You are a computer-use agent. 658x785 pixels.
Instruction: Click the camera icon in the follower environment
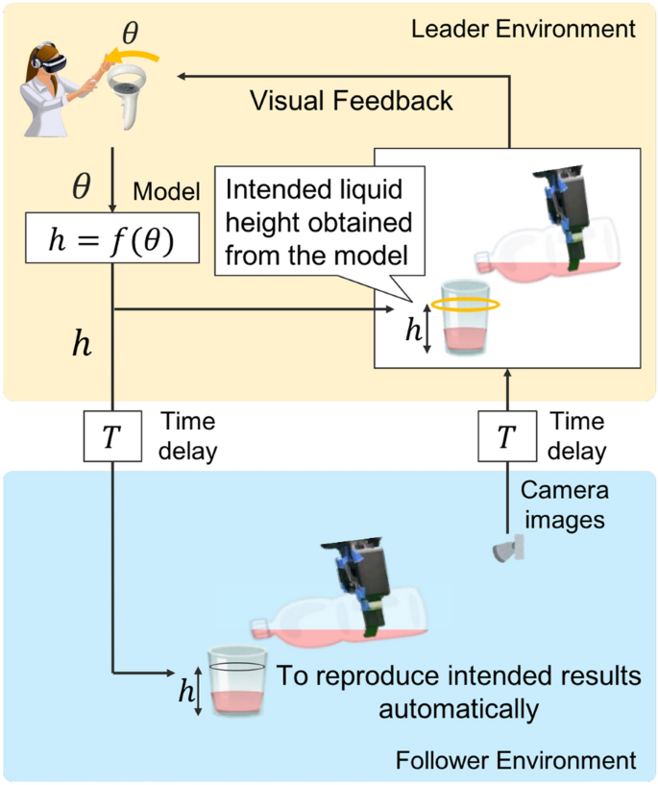(506, 550)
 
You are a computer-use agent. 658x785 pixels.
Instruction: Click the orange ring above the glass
(464, 304)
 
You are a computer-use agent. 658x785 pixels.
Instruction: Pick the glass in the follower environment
(236, 680)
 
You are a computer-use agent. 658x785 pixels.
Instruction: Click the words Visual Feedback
(351, 100)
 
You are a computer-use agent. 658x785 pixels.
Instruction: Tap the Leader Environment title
(523, 28)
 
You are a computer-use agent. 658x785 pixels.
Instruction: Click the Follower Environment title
(515, 761)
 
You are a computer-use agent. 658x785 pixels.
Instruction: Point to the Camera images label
(564, 503)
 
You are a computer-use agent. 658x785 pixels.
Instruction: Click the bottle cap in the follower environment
(257, 629)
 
